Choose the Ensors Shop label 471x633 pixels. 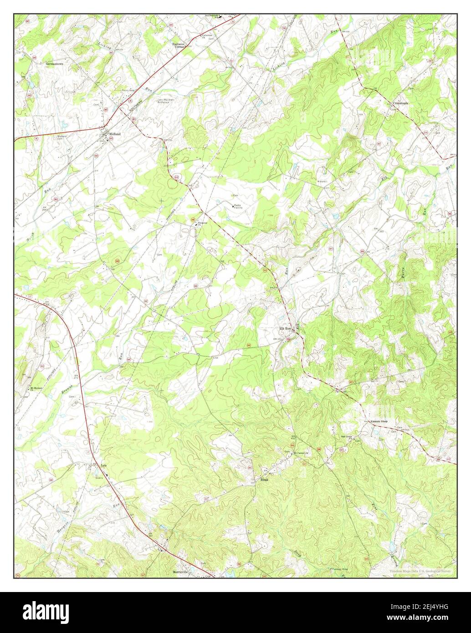click(x=379, y=422)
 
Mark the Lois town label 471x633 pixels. click(x=103, y=465)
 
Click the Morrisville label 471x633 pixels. click(x=181, y=572)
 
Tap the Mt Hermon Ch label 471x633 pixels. click(x=36, y=388)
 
